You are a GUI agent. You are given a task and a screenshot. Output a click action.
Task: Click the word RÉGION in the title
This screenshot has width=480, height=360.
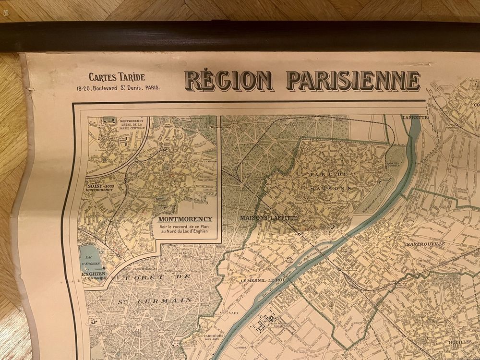pyautogui.click(x=229, y=81)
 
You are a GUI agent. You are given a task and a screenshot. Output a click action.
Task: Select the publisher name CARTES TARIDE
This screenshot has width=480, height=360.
pyautogui.click(x=117, y=77)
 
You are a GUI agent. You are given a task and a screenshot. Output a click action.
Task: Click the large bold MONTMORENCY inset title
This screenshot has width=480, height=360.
pyautogui.click(x=185, y=219)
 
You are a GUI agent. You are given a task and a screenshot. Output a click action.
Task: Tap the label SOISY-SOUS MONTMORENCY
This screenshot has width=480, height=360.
pyautogui.click(x=100, y=187)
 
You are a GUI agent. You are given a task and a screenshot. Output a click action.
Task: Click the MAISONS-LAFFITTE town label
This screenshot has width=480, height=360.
pyautogui.click(x=269, y=218)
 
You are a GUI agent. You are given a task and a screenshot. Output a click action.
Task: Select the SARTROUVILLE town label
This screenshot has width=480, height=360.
pyautogui.click(x=425, y=244)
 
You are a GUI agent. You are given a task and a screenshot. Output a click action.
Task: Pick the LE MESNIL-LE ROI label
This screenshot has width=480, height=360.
pyautogui.click(x=263, y=280)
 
